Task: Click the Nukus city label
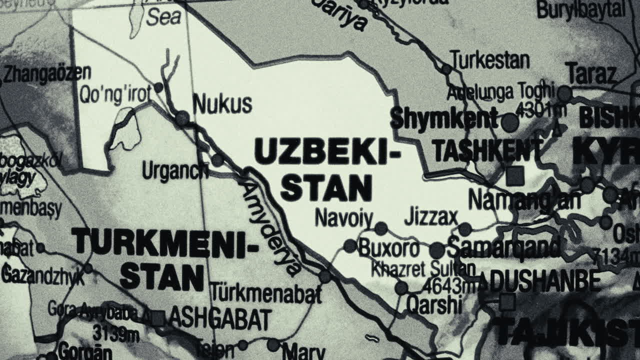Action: tap(222, 104)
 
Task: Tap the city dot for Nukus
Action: tap(182, 118)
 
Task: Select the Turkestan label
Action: tap(489, 60)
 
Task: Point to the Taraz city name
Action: tap(591, 74)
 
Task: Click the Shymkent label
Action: tap(444, 118)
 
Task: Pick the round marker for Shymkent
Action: tap(510, 122)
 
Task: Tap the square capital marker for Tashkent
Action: tap(515, 175)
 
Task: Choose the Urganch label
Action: tap(175, 171)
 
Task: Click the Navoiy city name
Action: tap(344, 218)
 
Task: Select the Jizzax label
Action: tap(431, 217)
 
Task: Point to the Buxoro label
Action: tap(389, 248)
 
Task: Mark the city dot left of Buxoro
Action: tap(350, 245)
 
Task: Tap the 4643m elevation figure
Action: tap(449, 286)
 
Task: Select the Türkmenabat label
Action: tap(265, 293)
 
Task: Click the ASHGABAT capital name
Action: tap(220, 318)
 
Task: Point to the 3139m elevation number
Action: tap(115, 332)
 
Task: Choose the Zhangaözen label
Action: tap(47, 73)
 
